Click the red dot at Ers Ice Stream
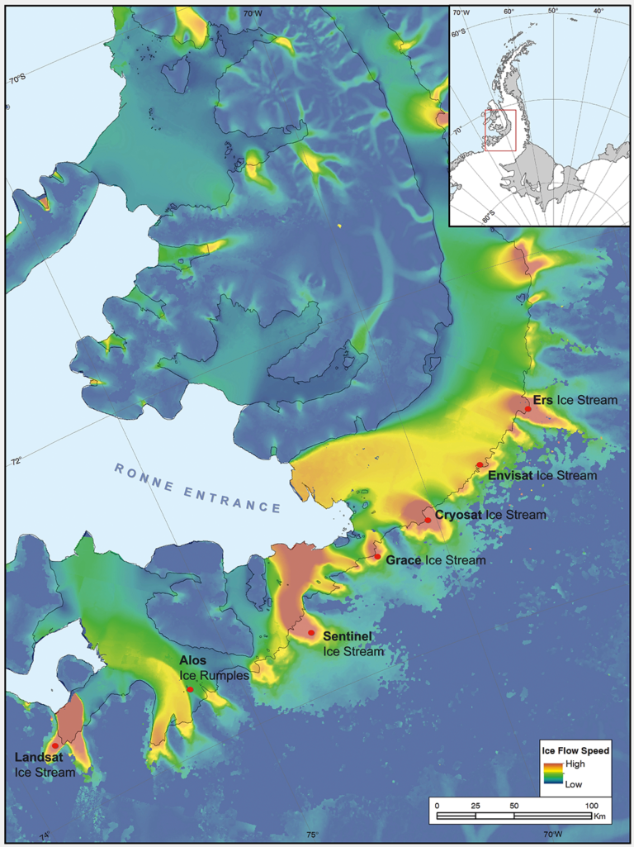[x=528, y=408]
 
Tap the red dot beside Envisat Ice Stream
[x=480, y=464]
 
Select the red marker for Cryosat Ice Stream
[x=428, y=521]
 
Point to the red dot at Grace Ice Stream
[x=377, y=557]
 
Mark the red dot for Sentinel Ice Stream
[x=311, y=633]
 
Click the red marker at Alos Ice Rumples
[x=190, y=689]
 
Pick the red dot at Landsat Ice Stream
[x=54, y=746]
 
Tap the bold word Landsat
[x=38, y=757]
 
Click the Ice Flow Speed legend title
[x=575, y=751]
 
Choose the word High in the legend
[x=574, y=764]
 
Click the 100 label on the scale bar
[x=591, y=805]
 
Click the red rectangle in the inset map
[x=499, y=131]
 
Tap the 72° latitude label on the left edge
[x=15, y=461]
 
